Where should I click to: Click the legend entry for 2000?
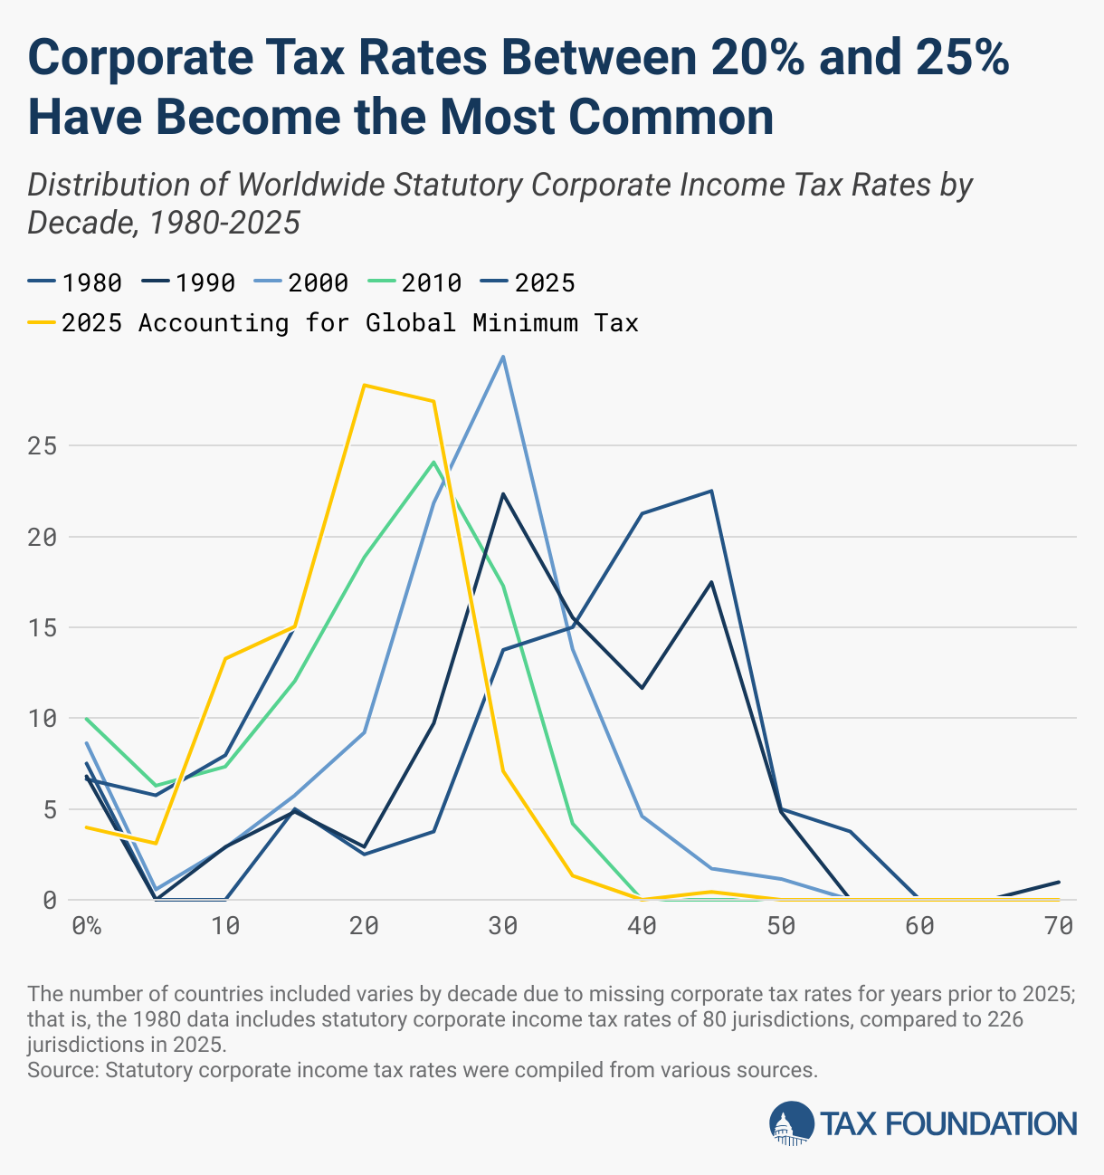point(318,283)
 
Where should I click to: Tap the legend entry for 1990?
point(205,283)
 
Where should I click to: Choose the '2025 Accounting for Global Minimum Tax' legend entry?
point(349,323)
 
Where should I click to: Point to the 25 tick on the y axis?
point(43,446)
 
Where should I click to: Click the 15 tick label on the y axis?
point(43,628)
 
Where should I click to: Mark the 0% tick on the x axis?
point(86,926)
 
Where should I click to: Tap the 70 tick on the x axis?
point(1059,926)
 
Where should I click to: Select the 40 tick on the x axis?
point(642,926)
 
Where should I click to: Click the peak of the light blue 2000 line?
point(503,357)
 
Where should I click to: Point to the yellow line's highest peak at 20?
point(364,385)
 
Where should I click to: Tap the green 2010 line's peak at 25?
point(433,462)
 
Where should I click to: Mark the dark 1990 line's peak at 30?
point(503,494)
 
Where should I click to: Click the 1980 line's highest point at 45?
point(711,491)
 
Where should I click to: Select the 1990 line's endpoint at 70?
point(1059,882)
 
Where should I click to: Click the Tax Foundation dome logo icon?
point(792,1123)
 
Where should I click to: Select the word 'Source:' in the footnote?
point(63,1070)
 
